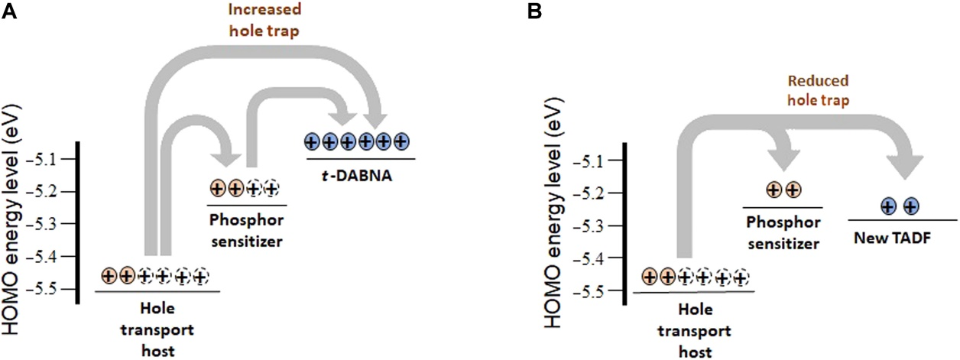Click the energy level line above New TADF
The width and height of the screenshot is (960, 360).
(x=901, y=219)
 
